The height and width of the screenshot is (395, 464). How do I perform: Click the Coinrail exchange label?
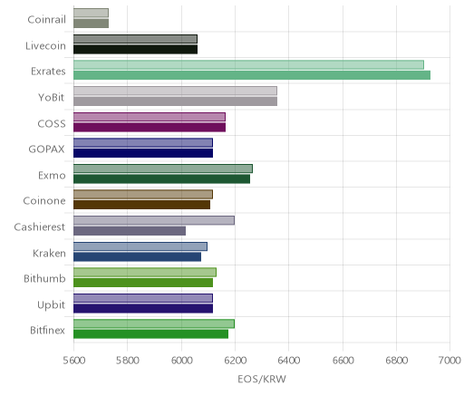click(x=46, y=20)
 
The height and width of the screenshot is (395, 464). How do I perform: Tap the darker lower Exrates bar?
click(x=252, y=75)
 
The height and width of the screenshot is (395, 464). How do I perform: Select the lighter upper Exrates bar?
click(x=248, y=64)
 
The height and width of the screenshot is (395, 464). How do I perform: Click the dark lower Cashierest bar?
click(x=130, y=231)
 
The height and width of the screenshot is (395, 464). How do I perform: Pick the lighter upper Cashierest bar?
click(x=154, y=220)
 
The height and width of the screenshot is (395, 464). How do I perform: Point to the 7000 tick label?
click(x=449, y=361)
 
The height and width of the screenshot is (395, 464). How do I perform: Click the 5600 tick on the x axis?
click(x=74, y=361)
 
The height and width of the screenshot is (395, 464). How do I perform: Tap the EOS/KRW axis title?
click(x=262, y=379)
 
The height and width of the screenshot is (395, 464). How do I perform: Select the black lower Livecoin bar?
click(x=135, y=49)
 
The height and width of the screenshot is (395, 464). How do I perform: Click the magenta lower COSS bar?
click(x=150, y=127)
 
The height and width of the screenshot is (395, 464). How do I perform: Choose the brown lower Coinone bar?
click(x=141, y=205)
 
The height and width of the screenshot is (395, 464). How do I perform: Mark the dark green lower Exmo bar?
click(x=161, y=178)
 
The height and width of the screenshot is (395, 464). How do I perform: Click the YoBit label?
click(x=51, y=98)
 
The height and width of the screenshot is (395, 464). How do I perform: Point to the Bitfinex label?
click(x=47, y=330)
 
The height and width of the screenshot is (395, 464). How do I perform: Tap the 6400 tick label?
click(x=288, y=361)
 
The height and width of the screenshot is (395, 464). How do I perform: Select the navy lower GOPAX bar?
click(x=143, y=153)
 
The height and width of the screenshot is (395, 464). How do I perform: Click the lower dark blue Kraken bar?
click(x=137, y=256)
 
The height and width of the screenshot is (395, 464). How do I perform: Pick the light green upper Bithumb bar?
click(x=145, y=272)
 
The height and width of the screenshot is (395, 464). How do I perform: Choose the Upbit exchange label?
click(x=51, y=304)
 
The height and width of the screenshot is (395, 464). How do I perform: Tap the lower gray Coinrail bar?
click(x=91, y=24)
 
